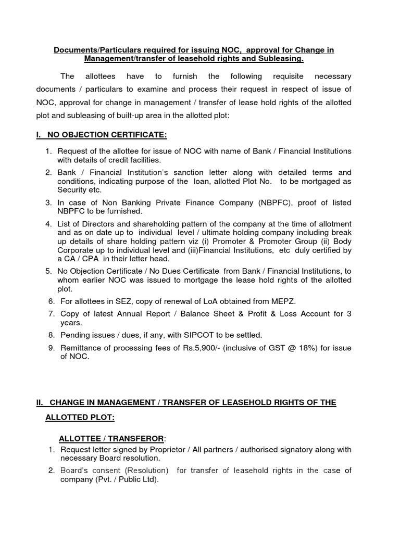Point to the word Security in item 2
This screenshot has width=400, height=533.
73,190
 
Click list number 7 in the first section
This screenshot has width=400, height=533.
51,313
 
